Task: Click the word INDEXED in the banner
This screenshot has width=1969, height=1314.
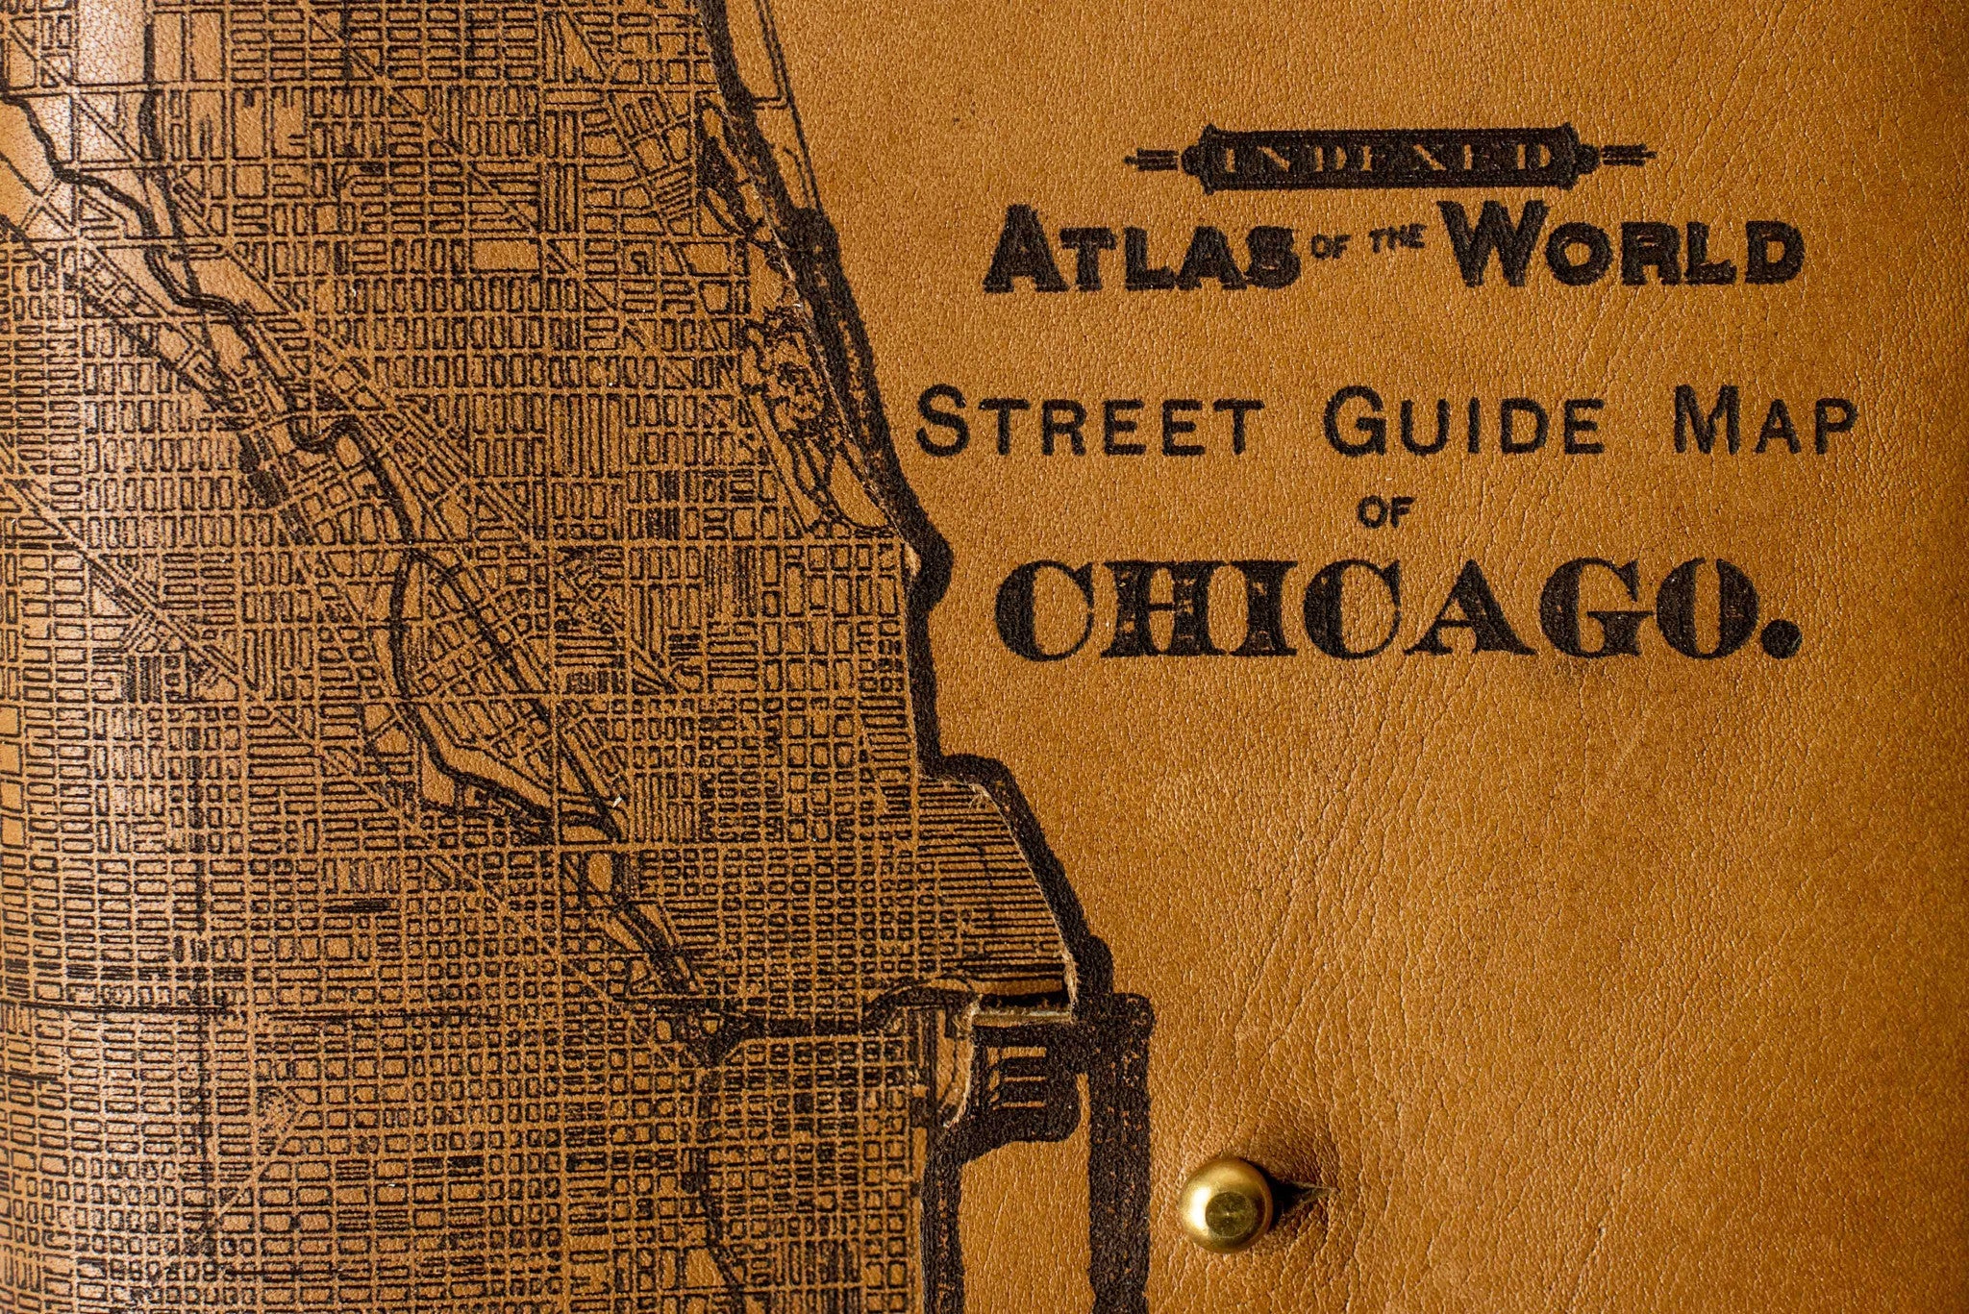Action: [1387, 161]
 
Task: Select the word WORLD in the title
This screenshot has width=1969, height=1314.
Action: [1625, 249]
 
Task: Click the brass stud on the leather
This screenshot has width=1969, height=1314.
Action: [1227, 1203]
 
